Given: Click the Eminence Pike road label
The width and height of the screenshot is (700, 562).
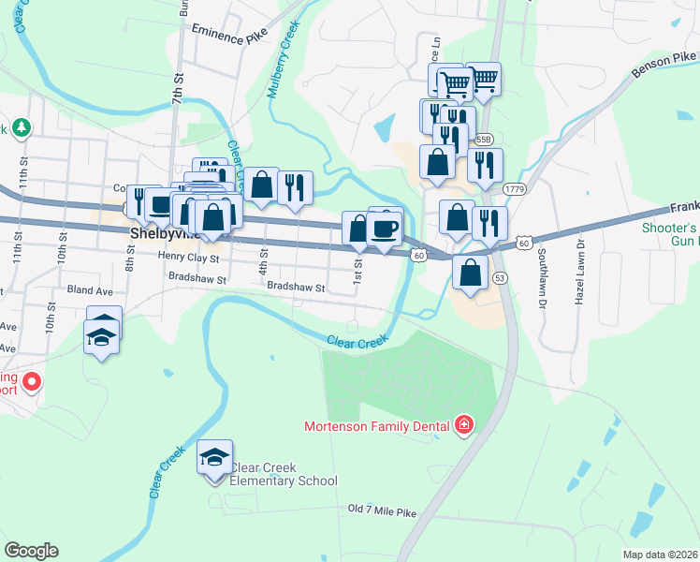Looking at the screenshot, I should click(229, 35).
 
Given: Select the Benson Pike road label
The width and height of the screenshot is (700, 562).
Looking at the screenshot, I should click(664, 62).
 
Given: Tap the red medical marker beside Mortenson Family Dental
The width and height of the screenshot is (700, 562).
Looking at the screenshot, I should click(462, 427).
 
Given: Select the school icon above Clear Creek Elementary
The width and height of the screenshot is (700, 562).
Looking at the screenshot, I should click(214, 459).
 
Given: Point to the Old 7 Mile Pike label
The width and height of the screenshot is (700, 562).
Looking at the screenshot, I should click(381, 510).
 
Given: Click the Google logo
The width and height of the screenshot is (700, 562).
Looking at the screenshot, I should click(31, 551).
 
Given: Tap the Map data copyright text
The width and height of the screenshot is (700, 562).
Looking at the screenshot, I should click(661, 555).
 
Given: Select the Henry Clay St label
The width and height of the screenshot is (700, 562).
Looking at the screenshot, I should click(187, 257).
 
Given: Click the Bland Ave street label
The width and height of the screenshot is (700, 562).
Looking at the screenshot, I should click(89, 291).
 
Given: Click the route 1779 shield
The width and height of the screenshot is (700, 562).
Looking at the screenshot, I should click(514, 189).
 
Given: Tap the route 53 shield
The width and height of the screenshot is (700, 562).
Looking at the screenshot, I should click(500, 278).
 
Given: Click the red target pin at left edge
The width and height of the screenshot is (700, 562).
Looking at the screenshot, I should click(31, 381).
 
